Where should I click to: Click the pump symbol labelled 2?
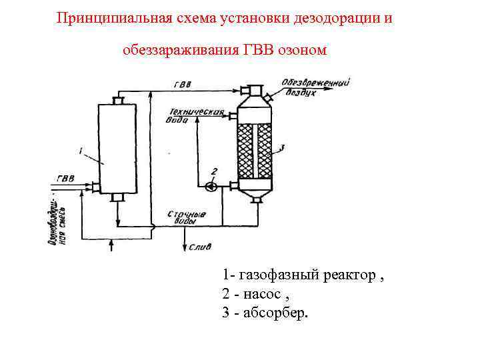211,186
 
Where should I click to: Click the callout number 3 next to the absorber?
282,147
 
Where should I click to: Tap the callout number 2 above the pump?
214,172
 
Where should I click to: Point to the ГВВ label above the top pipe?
181,85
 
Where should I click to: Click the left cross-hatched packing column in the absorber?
246,150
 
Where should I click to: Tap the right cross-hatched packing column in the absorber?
265,150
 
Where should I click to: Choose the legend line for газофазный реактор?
303,275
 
